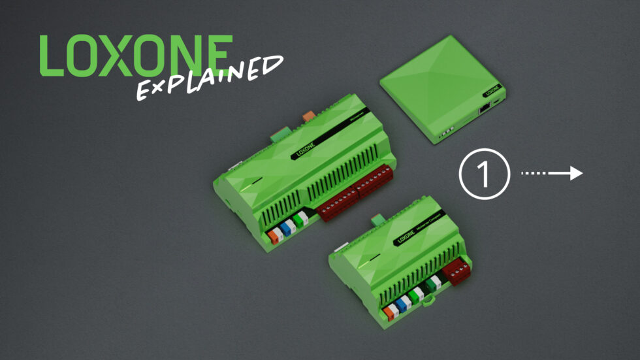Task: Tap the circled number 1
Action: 484,173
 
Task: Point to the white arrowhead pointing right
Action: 574,173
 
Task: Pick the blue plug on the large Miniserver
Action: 287,228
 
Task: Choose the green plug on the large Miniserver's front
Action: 300,221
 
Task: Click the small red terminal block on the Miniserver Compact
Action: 456,269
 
